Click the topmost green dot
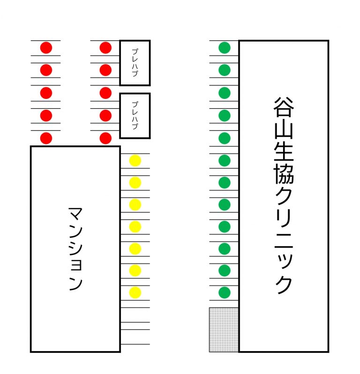[x=225, y=47]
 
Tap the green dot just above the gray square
[x=225, y=292]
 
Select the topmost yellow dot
[x=135, y=161]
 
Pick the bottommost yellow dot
[x=135, y=292]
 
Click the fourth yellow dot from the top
[x=135, y=226]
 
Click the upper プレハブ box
[x=135, y=63]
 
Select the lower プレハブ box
[x=135, y=116]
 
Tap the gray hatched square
[x=224, y=329]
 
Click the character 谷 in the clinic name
[x=284, y=109]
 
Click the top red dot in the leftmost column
[x=46, y=47]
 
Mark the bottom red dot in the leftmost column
[x=46, y=138]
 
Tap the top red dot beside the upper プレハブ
[x=105, y=47]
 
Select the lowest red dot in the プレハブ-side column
[x=105, y=138]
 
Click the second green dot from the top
[x=225, y=70]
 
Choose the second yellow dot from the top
[x=135, y=182]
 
